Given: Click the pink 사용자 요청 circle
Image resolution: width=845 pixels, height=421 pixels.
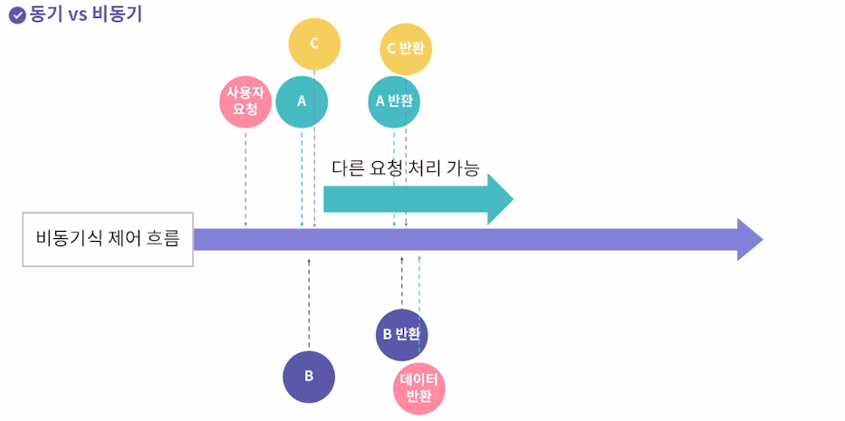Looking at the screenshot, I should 245,101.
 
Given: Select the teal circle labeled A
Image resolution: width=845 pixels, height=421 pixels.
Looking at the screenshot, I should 302,101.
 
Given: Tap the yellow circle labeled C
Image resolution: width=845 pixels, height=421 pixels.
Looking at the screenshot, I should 314,43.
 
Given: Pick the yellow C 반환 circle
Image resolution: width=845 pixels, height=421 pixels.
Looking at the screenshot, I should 406,48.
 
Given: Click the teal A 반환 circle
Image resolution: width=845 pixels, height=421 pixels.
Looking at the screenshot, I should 394,101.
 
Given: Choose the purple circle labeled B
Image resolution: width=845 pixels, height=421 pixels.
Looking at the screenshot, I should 309,377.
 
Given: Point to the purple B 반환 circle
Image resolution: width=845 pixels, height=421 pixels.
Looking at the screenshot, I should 401,334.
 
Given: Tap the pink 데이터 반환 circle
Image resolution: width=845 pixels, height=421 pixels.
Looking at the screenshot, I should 419,388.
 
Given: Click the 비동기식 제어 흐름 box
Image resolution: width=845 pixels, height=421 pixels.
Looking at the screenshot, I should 108,240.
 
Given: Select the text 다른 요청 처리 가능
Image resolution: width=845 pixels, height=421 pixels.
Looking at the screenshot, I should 405,167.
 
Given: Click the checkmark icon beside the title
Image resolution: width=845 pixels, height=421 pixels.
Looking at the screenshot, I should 16,15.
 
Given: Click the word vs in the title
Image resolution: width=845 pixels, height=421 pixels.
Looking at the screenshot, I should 79,15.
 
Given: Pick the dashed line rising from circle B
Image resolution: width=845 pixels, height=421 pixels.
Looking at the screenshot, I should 309,303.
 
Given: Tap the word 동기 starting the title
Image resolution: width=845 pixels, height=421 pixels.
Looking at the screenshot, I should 45,15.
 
